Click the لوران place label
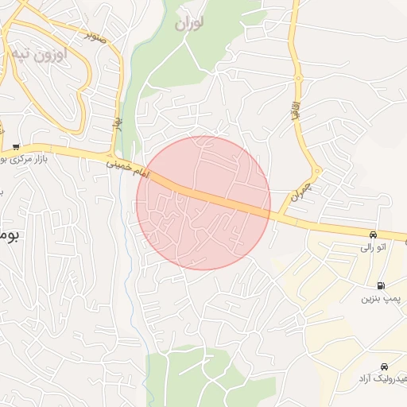pos(189,24)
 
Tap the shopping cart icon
pos(15,147)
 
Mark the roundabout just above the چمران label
pos(316,171)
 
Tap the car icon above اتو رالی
pos(372,235)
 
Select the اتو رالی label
pos(372,248)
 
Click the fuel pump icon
pos(381,285)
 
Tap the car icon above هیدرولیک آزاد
pos(385,366)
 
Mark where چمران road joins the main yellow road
pos(280,215)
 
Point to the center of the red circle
pos(203,203)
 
